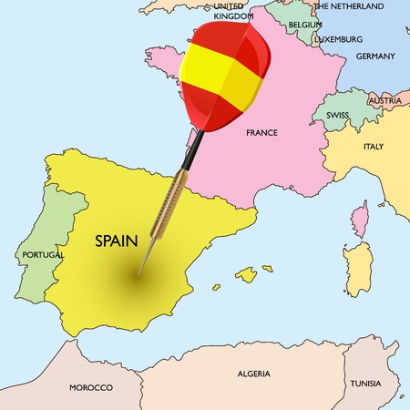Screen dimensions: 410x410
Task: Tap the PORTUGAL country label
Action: point(43,256)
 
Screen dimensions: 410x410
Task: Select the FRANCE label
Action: point(261,133)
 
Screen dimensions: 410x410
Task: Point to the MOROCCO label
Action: point(91,387)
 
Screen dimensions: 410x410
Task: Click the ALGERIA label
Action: point(253,374)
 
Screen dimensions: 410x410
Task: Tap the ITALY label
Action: point(374,147)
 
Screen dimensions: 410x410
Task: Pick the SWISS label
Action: point(339,117)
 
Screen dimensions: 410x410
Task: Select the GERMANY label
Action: point(375,56)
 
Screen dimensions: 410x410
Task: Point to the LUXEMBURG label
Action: point(338,40)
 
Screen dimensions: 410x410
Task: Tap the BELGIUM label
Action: point(305,25)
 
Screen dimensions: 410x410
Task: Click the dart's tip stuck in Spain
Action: point(138,275)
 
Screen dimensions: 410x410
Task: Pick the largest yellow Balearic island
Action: point(245,273)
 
